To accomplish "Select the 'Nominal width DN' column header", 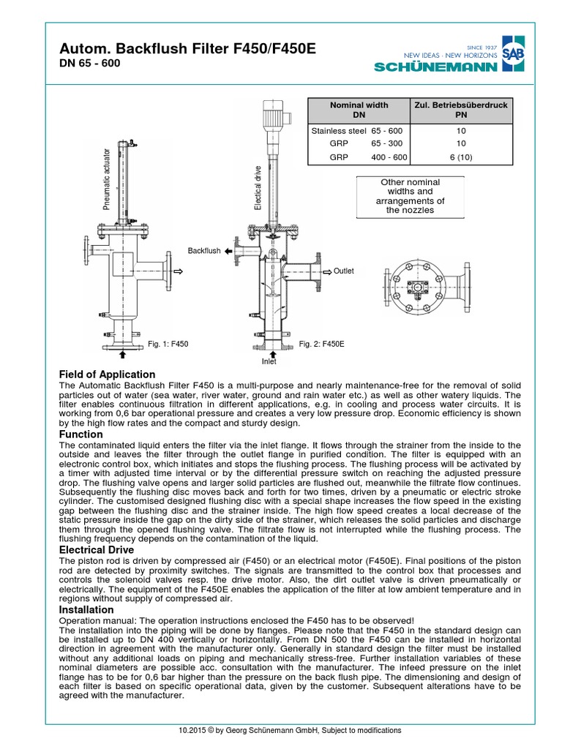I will pyautogui.click(x=359, y=110).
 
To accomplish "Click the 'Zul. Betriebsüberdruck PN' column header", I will pyautogui.click(x=461, y=110).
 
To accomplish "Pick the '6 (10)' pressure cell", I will pyautogui.click(x=461, y=157).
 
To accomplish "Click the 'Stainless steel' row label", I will pyautogui.click(x=339, y=131).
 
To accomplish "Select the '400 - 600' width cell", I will pyautogui.click(x=389, y=157).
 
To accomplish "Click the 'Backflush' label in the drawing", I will pyautogui.click(x=203, y=251).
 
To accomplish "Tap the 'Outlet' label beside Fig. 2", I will pyautogui.click(x=343, y=271).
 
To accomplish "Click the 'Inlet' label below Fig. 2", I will pyautogui.click(x=269, y=361).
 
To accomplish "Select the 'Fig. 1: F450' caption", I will pyautogui.click(x=169, y=343).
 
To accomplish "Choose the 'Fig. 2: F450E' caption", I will pyautogui.click(x=322, y=343).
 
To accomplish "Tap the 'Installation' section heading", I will pyautogui.click(x=86, y=609).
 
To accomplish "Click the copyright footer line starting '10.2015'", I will pyautogui.click(x=281, y=731).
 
